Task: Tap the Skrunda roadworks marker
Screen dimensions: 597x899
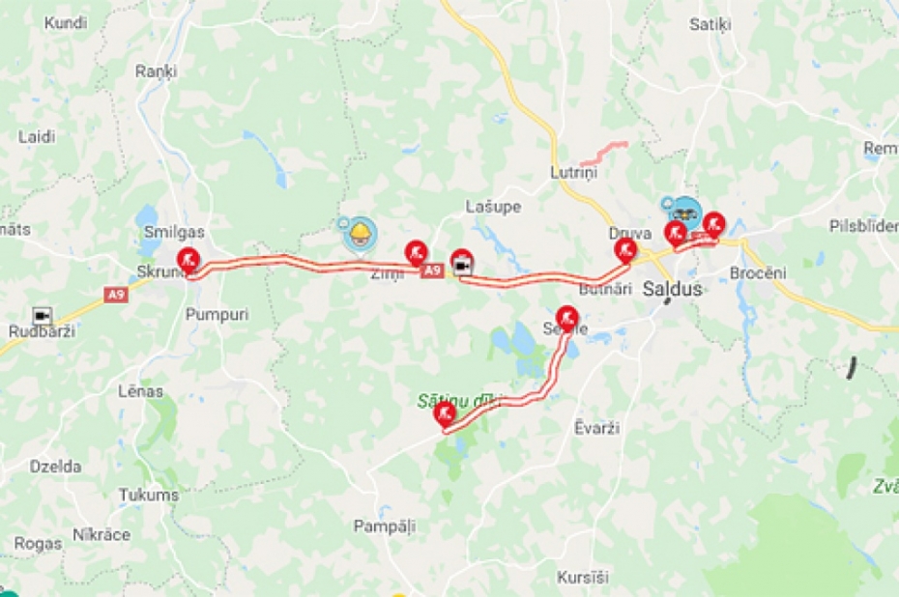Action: point(188,259)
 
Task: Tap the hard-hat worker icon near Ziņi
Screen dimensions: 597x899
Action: point(360,233)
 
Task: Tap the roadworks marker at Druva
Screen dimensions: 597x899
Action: point(625,251)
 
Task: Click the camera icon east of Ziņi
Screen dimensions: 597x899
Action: point(462,263)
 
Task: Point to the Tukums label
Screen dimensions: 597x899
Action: point(149,495)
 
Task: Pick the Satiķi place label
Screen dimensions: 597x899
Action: point(710,24)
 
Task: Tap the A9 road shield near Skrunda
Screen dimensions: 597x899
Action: point(115,293)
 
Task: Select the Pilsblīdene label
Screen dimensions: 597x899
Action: point(863,225)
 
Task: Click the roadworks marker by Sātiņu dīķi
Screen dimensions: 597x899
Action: point(445,414)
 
